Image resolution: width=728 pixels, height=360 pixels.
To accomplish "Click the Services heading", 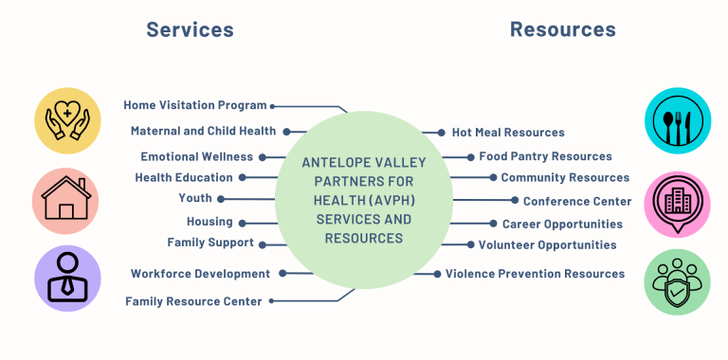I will (x=190, y=29).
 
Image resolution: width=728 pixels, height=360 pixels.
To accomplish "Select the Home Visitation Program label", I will (x=195, y=105).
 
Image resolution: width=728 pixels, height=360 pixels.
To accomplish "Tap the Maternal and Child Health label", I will (x=203, y=131).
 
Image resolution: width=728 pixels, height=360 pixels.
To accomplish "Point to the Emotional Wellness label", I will (x=196, y=156).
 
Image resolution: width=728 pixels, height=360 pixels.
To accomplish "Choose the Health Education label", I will (x=183, y=177).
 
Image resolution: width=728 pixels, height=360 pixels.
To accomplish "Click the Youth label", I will (x=195, y=198).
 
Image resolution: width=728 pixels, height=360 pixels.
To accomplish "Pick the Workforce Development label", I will (x=200, y=274).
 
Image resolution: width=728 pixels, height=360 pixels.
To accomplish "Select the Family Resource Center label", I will (x=193, y=301).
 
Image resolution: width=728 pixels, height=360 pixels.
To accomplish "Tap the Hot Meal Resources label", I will (x=508, y=133).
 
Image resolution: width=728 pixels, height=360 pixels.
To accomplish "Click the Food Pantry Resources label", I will (x=545, y=156).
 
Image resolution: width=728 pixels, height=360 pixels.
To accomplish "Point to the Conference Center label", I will (x=577, y=201).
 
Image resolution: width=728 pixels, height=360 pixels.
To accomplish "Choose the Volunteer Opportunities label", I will (x=547, y=245).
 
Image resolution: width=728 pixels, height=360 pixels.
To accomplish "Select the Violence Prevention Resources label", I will (x=535, y=274).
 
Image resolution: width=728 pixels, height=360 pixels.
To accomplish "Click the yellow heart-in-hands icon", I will (x=67, y=119).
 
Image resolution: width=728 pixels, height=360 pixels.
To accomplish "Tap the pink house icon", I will (x=67, y=200).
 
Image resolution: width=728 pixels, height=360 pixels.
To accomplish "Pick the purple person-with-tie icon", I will (x=67, y=279).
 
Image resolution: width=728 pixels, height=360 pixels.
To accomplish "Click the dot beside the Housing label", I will (x=242, y=223).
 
